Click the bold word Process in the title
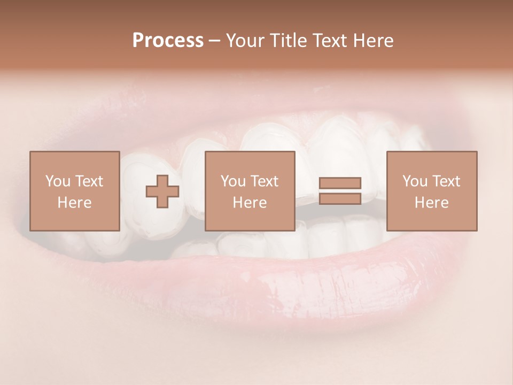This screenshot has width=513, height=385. pos(168,40)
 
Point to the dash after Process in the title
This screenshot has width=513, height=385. pos(214,41)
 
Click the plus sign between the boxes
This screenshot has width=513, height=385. pos(162,191)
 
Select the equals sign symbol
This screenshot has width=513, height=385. pos(340,191)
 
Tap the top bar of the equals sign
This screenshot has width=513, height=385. pos(340,183)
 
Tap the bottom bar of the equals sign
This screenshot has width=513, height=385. pos(340,198)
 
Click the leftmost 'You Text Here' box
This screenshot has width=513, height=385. pos(74,191)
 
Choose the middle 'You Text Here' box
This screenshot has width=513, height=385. pos(250,191)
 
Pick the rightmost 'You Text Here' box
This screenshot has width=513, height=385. pos(431,191)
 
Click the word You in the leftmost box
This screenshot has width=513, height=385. pos(57,181)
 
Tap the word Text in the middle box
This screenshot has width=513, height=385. pos(264,181)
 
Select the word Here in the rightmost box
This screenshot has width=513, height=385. pos(431,203)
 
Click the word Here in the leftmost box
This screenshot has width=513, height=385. pos(74,203)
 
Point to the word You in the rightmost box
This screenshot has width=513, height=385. pos(415,181)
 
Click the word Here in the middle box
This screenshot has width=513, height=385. pos(250,203)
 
